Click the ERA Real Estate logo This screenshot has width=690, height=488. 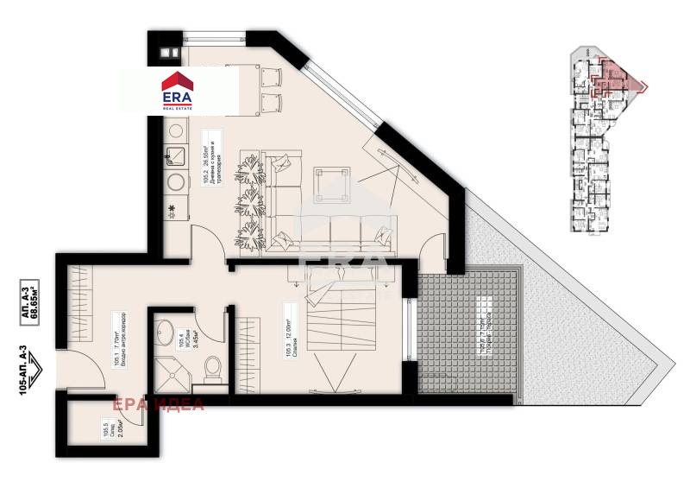click(179, 90)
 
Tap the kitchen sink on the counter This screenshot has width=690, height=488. click(175, 155)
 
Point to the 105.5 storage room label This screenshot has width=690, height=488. click(107, 429)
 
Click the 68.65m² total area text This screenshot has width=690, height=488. click(34, 299)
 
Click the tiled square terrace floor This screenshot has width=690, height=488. click(467, 333)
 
